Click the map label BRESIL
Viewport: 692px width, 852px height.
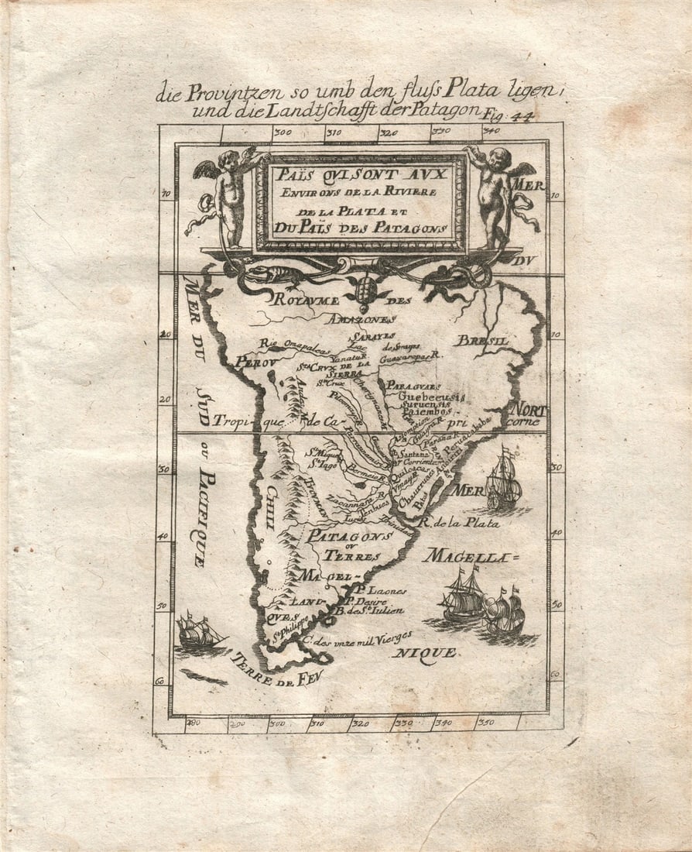[481, 340]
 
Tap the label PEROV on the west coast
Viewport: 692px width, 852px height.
[255, 362]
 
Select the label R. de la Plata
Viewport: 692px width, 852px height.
[458, 523]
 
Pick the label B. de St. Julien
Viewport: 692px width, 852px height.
[370, 610]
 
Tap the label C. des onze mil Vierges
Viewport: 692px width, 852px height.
[356, 637]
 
